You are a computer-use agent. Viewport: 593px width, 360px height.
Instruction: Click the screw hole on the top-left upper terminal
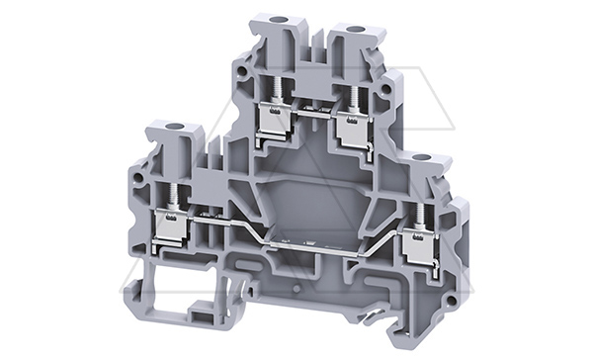click(267, 19)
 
